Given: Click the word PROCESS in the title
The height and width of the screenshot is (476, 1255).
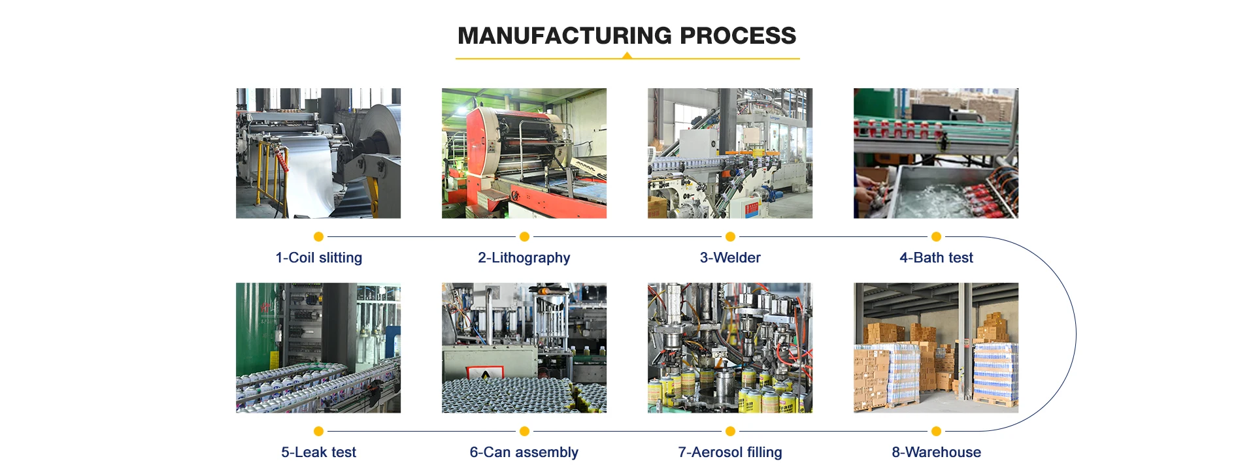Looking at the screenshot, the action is pyautogui.click(x=738, y=36).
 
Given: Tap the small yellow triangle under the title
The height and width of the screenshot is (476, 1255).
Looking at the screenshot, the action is pyautogui.click(x=627, y=56).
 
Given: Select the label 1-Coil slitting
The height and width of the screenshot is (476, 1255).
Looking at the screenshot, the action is pyautogui.click(x=318, y=258).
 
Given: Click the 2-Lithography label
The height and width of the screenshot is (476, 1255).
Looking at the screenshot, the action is pyautogui.click(x=524, y=258).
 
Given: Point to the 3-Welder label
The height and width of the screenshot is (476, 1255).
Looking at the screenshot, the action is pyautogui.click(x=730, y=258).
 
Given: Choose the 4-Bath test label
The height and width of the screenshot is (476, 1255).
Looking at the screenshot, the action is pyautogui.click(x=936, y=258).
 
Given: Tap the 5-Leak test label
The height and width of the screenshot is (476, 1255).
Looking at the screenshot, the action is pyautogui.click(x=318, y=452).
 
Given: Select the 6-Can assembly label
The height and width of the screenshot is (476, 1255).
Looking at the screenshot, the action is pyautogui.click(x=524, y=452).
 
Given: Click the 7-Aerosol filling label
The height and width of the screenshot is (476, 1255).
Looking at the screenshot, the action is pyautogui.click(x=730, y=452).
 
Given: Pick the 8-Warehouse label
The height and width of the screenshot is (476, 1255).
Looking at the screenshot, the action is pyautogui.click(x=936, y=452).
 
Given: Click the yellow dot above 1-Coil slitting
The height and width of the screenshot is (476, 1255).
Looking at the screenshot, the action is pyautogui.click(x=318, y=236).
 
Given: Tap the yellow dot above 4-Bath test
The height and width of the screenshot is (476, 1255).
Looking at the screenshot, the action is pyautogui.click(x=936, y=236).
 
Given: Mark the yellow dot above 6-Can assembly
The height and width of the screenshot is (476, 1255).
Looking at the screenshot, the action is pyautogui.click(x=524, y=431).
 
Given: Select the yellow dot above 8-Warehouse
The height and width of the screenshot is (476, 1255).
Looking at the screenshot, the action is pyautogui.click(x=936, y=431).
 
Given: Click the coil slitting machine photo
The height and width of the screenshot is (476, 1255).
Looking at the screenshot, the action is pyautogui.click(x=318, y=153).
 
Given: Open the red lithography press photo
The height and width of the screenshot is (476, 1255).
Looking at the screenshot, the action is pyautogui.click(x=524, y=153).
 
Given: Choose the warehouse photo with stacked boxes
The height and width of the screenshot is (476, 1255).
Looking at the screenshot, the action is pyautogui.click(x=936, y=347).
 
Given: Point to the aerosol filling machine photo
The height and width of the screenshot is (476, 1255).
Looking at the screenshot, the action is pyautogui.click(x=730, y=347).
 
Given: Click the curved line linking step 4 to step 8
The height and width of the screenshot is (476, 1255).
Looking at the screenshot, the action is pyautogui.click(x=1076, y=334).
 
